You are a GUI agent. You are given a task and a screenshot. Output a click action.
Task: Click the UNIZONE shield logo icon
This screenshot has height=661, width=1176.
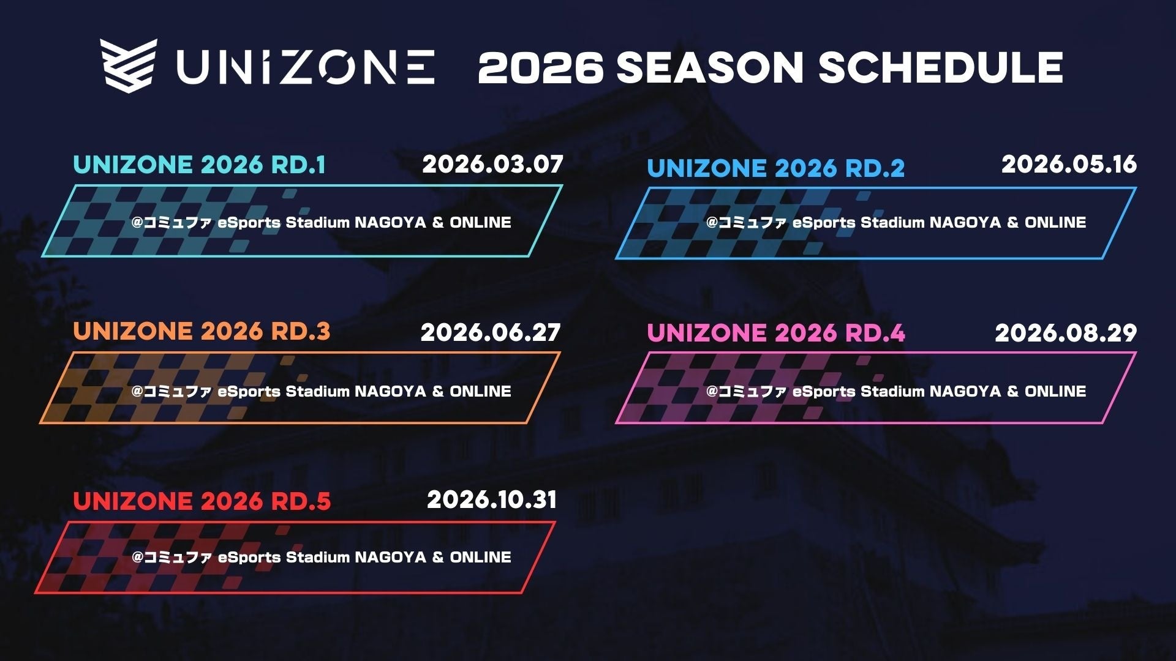129,62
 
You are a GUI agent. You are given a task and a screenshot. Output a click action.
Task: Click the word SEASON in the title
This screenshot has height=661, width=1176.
709,67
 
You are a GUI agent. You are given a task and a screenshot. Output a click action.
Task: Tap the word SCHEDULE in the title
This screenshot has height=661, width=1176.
940,67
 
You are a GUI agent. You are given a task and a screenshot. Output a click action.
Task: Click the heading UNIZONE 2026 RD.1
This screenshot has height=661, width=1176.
199,165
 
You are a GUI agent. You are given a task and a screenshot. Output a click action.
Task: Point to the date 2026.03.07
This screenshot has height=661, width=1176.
492,164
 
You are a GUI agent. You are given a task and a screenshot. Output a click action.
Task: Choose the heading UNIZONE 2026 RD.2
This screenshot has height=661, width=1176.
775,168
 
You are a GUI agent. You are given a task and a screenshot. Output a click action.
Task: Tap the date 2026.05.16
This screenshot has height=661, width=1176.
1069,164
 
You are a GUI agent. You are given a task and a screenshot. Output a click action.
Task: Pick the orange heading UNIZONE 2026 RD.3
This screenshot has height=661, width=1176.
202,331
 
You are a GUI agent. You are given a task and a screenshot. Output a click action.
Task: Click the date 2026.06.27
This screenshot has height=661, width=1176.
491,332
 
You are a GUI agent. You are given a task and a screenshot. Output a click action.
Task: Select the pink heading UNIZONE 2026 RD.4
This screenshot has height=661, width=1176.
776,333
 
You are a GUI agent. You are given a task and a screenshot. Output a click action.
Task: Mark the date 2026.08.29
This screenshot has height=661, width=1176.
1066,332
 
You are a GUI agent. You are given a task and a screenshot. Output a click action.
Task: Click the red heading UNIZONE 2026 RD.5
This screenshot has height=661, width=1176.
202,501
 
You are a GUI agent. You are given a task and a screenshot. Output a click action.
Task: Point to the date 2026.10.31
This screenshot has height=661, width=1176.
492,499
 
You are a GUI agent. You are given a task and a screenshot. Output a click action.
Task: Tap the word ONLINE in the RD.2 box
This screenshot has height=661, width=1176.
1055,222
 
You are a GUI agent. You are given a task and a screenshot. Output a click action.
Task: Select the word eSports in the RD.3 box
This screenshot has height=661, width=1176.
249,392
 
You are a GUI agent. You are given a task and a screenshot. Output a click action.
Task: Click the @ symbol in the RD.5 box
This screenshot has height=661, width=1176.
137,558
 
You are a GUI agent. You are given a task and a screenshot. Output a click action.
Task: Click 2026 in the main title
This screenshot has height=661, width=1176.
540,67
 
